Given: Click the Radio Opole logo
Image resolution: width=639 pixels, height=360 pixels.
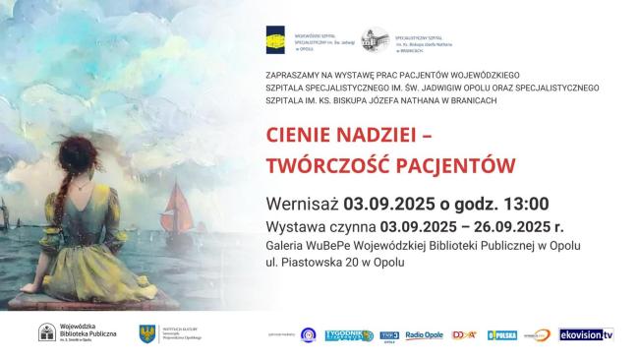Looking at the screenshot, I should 425,335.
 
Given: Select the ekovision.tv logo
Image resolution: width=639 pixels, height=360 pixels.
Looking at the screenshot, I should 586,334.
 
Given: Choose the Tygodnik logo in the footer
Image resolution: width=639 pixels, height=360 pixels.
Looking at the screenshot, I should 349,335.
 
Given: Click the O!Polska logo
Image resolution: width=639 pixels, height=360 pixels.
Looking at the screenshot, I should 502,335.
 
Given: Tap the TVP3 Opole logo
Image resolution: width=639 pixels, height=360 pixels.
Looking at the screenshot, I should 389,335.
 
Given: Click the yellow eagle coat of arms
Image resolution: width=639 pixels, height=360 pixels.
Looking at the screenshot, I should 147,334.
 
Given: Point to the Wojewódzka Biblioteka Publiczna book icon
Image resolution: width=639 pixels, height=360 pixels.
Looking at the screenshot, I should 46,333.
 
